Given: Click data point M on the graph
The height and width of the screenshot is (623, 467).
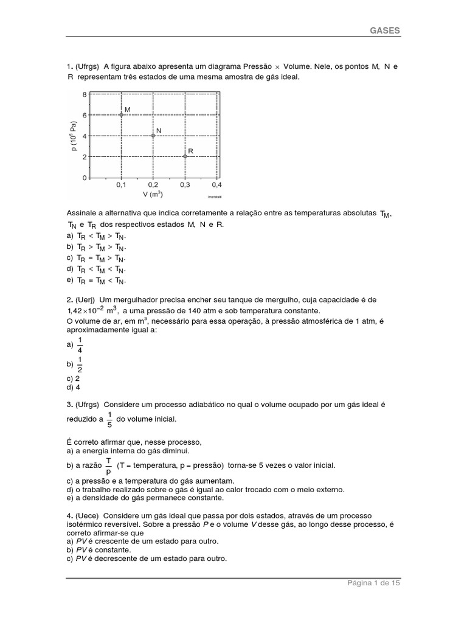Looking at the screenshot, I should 121,114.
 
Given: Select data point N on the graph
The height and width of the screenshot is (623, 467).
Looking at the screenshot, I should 153,136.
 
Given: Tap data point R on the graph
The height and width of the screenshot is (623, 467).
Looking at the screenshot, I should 185,156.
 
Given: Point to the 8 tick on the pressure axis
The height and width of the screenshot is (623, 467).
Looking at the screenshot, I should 85,94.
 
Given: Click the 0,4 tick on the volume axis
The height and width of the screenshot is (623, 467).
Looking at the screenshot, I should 216,184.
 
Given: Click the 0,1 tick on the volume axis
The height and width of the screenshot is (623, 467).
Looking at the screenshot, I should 121,184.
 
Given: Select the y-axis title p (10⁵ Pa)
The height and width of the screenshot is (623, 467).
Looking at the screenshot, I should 74,135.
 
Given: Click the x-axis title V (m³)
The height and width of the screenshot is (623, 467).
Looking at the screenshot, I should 153,195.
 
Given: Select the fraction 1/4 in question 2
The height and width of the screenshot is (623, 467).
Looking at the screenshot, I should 79,344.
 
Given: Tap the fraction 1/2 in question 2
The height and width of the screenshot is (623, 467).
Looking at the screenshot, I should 79,364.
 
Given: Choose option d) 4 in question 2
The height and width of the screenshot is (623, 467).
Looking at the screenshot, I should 74,387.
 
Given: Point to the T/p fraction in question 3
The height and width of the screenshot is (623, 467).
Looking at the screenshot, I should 108,465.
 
